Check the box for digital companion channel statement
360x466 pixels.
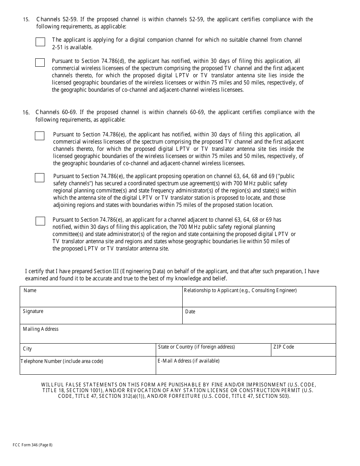(40, 42)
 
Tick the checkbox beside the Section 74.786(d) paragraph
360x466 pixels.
(40, 63)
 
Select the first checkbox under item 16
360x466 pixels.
(39, 136)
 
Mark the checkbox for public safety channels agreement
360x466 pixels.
(39, 178)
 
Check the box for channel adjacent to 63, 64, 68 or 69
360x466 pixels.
(40, 221)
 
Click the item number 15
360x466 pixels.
(26, 20)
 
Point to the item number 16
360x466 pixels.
(26, 113)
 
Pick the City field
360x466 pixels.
(88, 351)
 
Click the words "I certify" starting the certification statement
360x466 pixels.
(35, 271)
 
